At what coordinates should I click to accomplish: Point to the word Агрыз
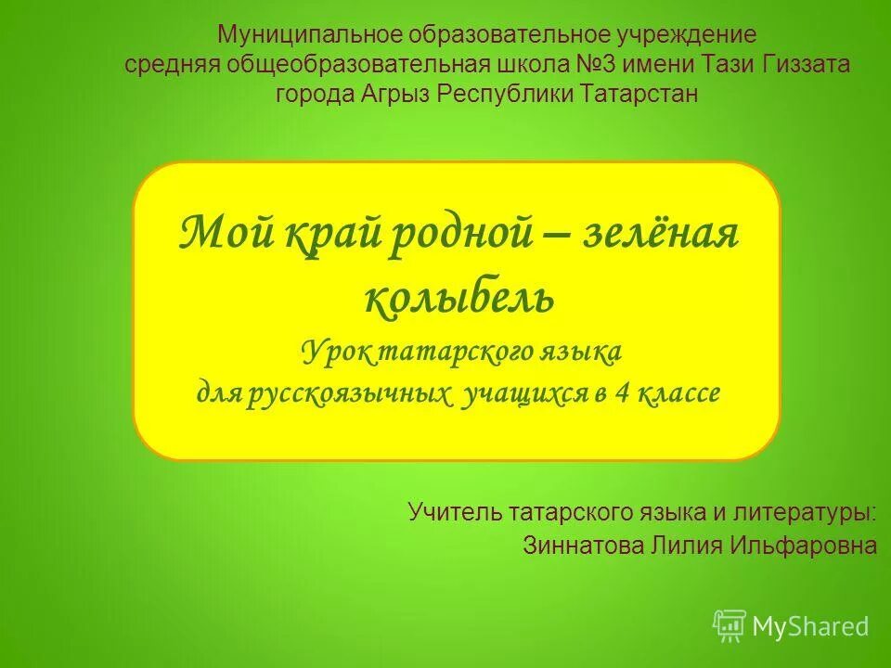395,94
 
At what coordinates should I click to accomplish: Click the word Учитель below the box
455,511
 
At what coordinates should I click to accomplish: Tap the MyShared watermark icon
730,626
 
